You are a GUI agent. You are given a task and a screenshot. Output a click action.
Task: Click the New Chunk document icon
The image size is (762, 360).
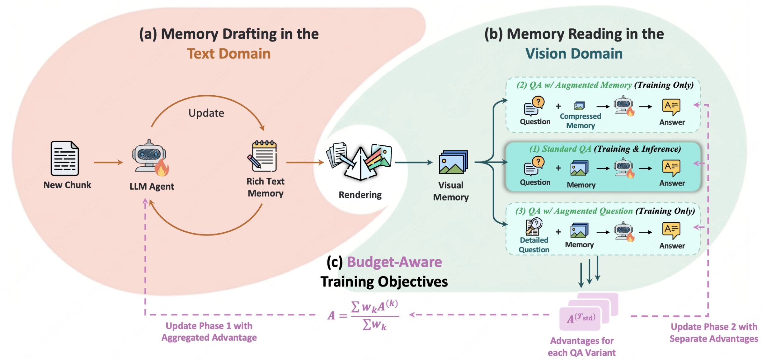(65, 158)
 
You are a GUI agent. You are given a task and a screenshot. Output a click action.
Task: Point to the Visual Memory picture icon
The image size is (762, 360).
(453, 162)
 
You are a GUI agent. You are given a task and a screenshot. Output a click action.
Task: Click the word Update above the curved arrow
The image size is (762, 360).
(206, 113)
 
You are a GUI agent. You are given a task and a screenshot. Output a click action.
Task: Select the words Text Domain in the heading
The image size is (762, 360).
(229, 54)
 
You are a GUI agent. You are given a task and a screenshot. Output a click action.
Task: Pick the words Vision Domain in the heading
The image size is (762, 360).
(574, 54)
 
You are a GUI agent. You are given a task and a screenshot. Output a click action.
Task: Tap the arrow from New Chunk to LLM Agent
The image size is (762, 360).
(108, 162)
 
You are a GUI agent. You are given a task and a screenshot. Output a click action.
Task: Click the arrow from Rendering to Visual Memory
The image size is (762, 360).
(414, 162)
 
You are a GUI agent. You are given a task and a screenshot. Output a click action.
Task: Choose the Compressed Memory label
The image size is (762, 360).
(580, 121)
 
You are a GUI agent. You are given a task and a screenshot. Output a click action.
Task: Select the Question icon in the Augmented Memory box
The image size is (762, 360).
(534, 106)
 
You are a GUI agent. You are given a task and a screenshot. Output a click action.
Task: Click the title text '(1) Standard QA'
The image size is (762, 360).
(560, 149)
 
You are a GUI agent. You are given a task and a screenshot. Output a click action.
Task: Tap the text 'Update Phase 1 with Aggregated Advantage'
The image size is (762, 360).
(209, 332)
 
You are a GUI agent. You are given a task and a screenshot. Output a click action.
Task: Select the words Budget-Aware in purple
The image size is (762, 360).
(394, 262)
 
